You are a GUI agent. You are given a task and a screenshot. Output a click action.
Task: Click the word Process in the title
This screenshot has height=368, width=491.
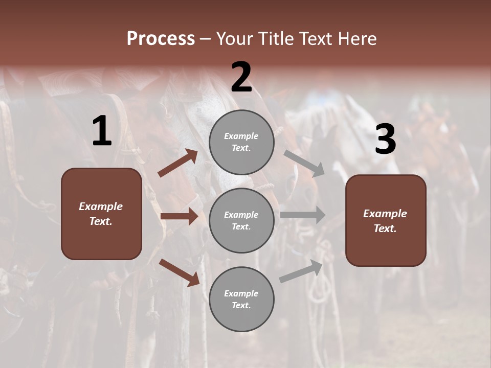tap(161, 39)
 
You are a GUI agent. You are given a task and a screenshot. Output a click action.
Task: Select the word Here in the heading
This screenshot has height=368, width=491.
tap(357, 39)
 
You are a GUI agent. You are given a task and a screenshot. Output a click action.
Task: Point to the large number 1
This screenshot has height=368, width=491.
tap(102, 131)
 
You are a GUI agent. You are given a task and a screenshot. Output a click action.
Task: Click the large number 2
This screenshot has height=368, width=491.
tap(241, 77)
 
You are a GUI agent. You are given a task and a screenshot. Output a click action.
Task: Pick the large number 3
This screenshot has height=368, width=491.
tap(385, 140)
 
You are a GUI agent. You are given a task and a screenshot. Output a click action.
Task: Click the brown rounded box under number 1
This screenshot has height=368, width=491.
tap(101, 214)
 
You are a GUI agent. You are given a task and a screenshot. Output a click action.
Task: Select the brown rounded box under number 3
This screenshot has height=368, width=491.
tap(386, 221)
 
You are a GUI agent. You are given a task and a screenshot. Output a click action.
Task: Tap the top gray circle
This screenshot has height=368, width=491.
tap(241, 142)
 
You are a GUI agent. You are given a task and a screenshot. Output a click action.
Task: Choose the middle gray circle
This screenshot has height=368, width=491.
tap(241, 221)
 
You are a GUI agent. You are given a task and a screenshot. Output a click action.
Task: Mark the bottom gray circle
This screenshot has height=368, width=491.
tap(241, 300)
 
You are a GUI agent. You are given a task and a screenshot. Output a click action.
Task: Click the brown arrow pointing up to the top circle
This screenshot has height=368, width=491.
tap(178, 163)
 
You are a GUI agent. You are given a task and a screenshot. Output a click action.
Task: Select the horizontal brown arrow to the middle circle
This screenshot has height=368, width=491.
tap(179, 217)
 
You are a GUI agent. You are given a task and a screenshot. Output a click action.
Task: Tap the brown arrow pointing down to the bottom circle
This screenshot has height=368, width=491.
tap(179, 272)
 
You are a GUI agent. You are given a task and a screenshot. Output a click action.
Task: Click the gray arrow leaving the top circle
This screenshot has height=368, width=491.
tap(304, 163)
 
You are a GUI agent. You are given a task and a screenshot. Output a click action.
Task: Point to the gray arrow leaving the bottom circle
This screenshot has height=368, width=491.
tap(301, 271)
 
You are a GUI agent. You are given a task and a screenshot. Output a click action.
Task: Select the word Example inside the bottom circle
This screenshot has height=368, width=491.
tap(241, 293)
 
